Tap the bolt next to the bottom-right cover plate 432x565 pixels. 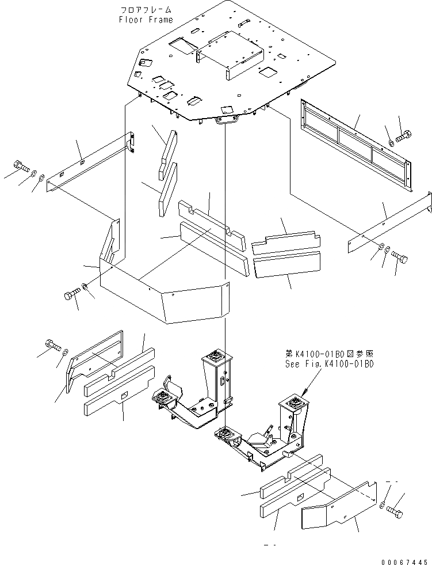(395, 510)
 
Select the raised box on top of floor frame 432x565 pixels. (230, 56)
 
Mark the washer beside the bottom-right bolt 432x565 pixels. (384, 505)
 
